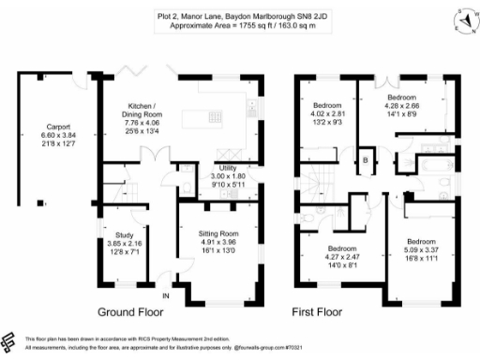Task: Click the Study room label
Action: point(124,236)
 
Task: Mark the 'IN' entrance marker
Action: point(166,297)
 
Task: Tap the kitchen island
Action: point(210,118)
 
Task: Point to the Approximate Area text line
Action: point(239,25)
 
